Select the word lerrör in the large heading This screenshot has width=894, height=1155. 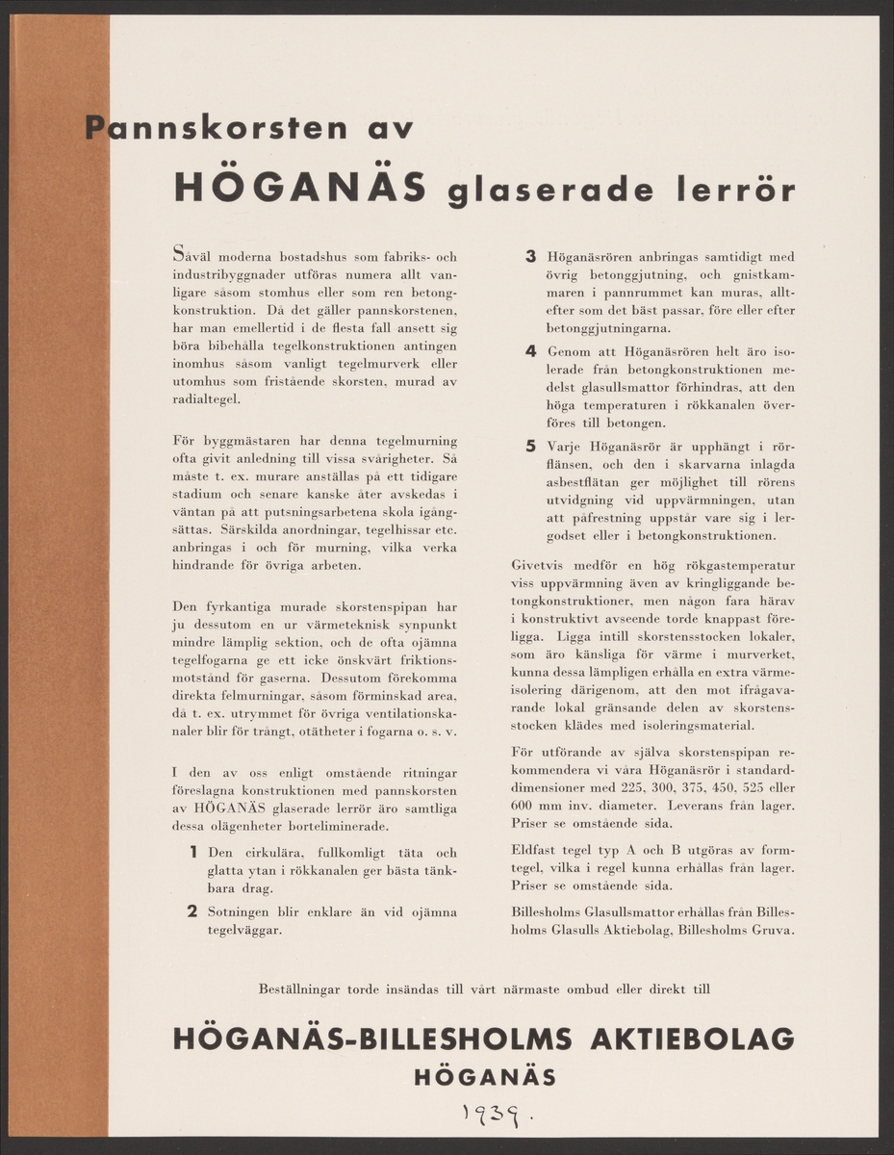pos(735,190)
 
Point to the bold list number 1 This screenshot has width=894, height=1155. pos(193,852)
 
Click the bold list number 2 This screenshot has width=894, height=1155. pos(192,911)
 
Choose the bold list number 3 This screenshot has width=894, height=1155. pos(530,257)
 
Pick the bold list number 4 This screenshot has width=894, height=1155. pos(530,351)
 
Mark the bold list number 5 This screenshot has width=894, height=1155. pos(530,446)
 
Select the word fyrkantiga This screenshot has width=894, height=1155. pos(234,607)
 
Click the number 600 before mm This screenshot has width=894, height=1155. pos(523,805)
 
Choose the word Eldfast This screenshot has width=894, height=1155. pos(533,850)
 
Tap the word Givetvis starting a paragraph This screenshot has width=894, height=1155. pos(539,565)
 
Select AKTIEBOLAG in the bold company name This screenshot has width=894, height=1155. pos(692,1039)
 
